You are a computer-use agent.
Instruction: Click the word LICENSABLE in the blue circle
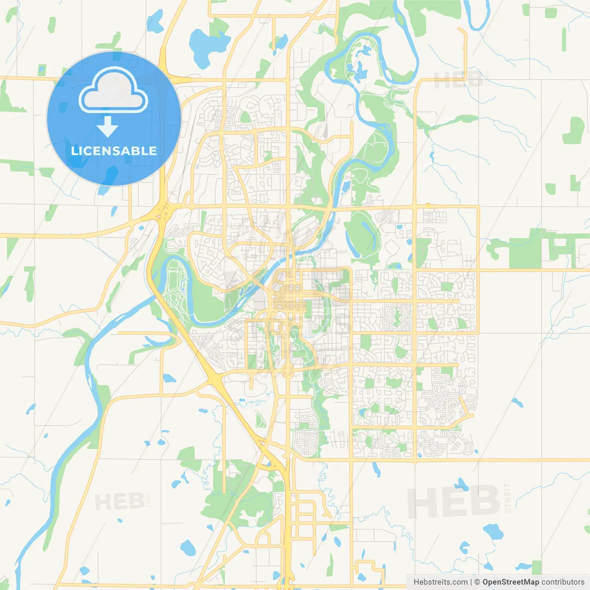[x=114, y=151]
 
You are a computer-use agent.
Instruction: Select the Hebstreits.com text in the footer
[x=440, y=582]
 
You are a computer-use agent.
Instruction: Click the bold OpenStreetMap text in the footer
[x=510, y=582]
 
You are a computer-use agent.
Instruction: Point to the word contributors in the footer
[x=563, y=582]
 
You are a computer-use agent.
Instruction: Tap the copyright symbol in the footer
[x=477, y=582]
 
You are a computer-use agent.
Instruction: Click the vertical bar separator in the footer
[x=471, y=582]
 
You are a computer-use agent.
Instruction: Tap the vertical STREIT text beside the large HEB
[x=507, y=498]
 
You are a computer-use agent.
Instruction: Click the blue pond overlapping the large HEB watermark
[x=461, y=484]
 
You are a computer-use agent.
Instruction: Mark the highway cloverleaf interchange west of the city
[x=162, y=212]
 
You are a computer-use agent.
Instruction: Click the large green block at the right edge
[x=525, y=249]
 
